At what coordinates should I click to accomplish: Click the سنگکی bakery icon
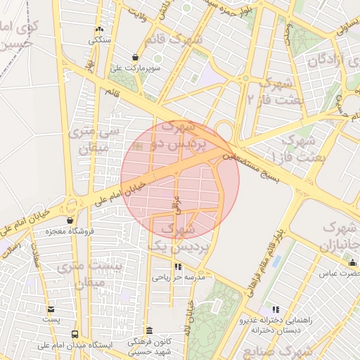[99, 30]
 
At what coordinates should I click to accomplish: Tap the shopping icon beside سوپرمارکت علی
[135, 58]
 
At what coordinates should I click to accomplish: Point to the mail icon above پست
[50, 309]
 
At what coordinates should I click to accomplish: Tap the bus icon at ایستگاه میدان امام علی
[75, 334]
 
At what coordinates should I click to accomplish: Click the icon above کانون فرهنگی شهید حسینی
[148, 330]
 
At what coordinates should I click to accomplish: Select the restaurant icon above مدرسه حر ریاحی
[178, 267]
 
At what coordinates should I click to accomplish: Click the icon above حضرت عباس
[353, 263]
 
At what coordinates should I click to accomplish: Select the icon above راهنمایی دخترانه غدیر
[275, 309]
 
